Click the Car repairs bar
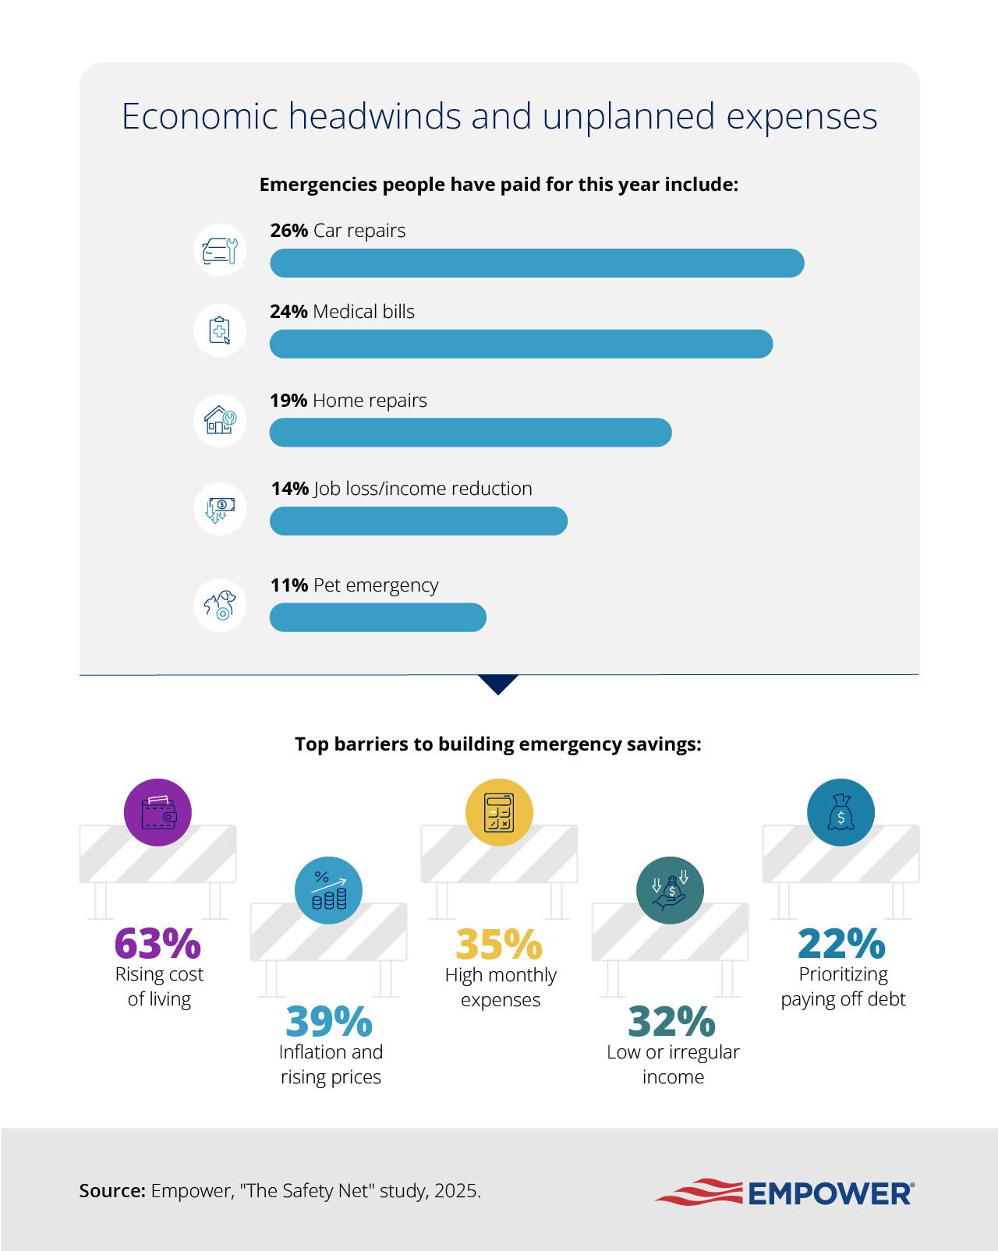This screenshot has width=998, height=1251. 536,263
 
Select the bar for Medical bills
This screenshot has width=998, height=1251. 521,344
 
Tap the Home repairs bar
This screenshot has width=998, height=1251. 470,433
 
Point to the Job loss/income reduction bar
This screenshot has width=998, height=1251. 419,521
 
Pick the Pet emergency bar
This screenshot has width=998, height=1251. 377,617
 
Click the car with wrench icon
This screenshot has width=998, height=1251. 220,250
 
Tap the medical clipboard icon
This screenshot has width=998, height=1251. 220,330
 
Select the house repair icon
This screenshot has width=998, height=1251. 220,420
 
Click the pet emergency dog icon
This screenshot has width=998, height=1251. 220,605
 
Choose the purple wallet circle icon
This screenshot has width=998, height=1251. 158,813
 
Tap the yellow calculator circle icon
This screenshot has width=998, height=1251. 499,813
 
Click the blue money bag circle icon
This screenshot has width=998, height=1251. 841,813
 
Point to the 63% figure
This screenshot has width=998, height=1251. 158,943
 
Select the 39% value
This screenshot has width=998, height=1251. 330,1021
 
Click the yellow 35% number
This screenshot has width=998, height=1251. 499,944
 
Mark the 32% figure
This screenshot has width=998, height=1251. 671,1021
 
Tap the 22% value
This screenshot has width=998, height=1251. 841,943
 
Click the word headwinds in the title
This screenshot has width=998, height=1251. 374,116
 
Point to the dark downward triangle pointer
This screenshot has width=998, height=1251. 498,683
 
